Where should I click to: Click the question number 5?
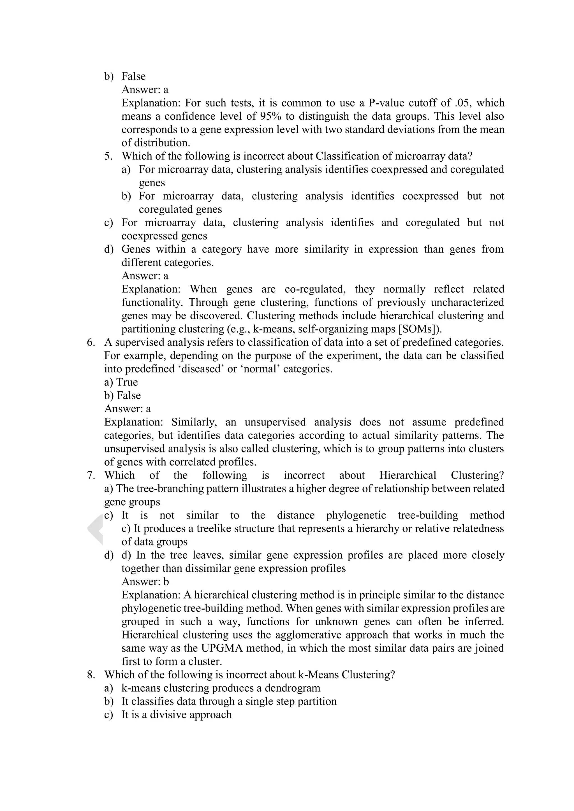(108, 156)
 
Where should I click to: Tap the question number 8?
(91, 675)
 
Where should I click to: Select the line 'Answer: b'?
(145, 581)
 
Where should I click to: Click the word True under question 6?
(127, 382)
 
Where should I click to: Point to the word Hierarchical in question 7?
(408, 475)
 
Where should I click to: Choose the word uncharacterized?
(463, 302)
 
